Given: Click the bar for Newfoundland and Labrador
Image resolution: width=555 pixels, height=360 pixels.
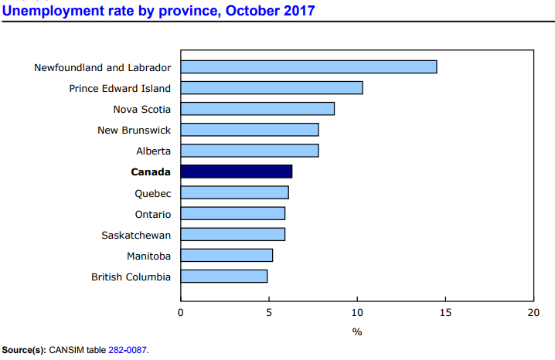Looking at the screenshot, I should tap(308, 67).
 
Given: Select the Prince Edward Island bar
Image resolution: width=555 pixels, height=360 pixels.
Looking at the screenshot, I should tap(271, 88).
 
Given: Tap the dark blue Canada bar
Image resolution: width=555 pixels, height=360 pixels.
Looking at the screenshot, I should tap(236, 172).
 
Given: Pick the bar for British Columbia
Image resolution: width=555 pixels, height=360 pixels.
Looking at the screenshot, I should tap(223, 276).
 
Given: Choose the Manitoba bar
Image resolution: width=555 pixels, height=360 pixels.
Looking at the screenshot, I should tap(226, 255).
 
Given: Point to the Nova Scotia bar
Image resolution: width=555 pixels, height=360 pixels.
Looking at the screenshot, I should tap(257, 109).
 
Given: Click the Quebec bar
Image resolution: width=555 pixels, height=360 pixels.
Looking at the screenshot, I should tap(234, 192).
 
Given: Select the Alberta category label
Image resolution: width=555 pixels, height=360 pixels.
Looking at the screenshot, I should tap(153, 151).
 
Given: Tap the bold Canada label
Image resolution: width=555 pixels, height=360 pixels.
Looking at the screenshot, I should tap(151, 172).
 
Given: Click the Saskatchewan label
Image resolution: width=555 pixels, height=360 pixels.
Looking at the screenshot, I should tap(136, 234).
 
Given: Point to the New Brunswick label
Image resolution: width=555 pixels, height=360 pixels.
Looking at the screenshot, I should tap(134, 130).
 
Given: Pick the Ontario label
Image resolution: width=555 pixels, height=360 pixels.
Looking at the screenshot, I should tap(152, 213).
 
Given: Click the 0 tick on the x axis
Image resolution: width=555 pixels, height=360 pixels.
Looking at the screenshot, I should tap(181, 313).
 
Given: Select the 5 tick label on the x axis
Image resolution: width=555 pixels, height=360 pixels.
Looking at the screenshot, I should tap(269, 313).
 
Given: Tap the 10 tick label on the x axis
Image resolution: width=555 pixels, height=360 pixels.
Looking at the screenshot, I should tap(357, 313).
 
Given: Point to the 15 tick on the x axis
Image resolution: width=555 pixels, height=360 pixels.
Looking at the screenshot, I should tap(445, 313).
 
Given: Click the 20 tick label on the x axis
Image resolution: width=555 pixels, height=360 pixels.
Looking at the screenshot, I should tap(533, 313).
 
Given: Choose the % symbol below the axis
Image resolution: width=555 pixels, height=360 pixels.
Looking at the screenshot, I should tap(357, 331).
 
